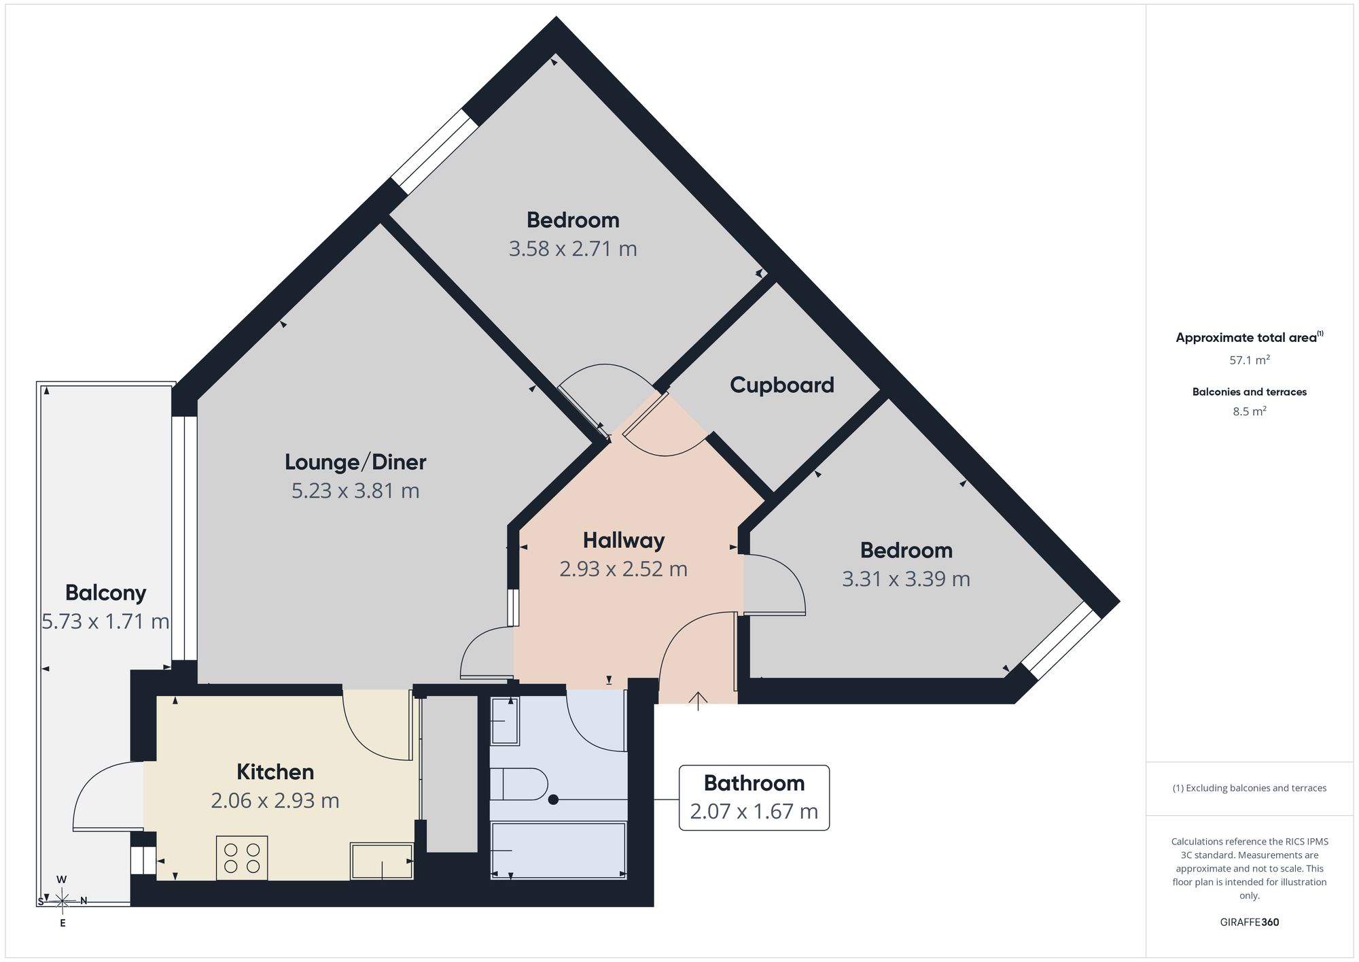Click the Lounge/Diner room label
click(x=355, y=462)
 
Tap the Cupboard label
click(x=782, y=385)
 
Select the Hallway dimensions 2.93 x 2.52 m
click(x=624, y=569)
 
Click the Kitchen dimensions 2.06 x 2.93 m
click(x=275, y=801)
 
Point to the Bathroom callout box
click(x=754, y=797)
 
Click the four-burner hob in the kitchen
click(x=242, y=858)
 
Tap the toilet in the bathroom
click(x=518, y=785)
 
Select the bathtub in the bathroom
click(x=558, y=851)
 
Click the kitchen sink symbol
click(x=382, y=861)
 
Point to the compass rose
click(x=62, y=901)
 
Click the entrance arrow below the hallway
click(x=699, y=701)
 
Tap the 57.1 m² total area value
click(x=1250, y=360)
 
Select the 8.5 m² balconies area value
click(x=1250, y=411)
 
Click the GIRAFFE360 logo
click(x=1250, y=923)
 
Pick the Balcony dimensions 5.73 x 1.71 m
click(x=105, y=622)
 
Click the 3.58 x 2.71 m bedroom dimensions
click(x=573, y=249)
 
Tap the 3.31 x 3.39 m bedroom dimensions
click(x=906, y=579)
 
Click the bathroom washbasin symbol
click(x=505, y=721)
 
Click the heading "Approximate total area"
click(x=1246, y=338)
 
